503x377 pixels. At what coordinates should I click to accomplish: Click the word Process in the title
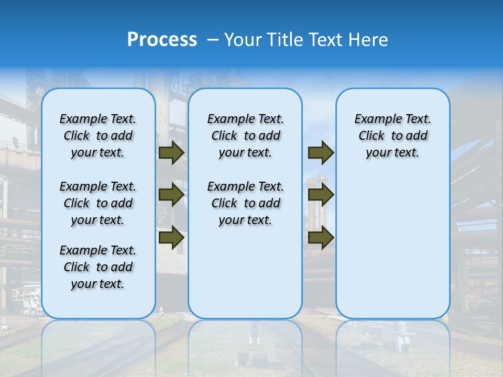click(162, 39)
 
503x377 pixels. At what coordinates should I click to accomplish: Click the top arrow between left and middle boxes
click(171, 153)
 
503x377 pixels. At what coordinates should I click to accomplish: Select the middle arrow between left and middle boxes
click(171, 195)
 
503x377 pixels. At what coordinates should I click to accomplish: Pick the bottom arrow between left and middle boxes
click(171, 237)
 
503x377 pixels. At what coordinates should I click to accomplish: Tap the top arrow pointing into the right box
click(321, 153)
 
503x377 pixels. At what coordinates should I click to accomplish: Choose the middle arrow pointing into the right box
click(321, 195)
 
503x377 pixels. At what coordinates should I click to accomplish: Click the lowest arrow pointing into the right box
click(321, 237)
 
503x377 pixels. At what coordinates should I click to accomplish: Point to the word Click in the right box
click(371, 136)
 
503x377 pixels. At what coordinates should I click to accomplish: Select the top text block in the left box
click(97, 136)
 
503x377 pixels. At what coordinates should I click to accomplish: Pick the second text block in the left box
click(97, 203)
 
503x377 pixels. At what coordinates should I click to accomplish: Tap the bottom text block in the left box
click(97, 267)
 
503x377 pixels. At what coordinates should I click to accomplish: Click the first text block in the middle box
click(245, 136)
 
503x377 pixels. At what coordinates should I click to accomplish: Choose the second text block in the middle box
click(245, 203)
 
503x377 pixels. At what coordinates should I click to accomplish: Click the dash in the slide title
click(213, 40)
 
